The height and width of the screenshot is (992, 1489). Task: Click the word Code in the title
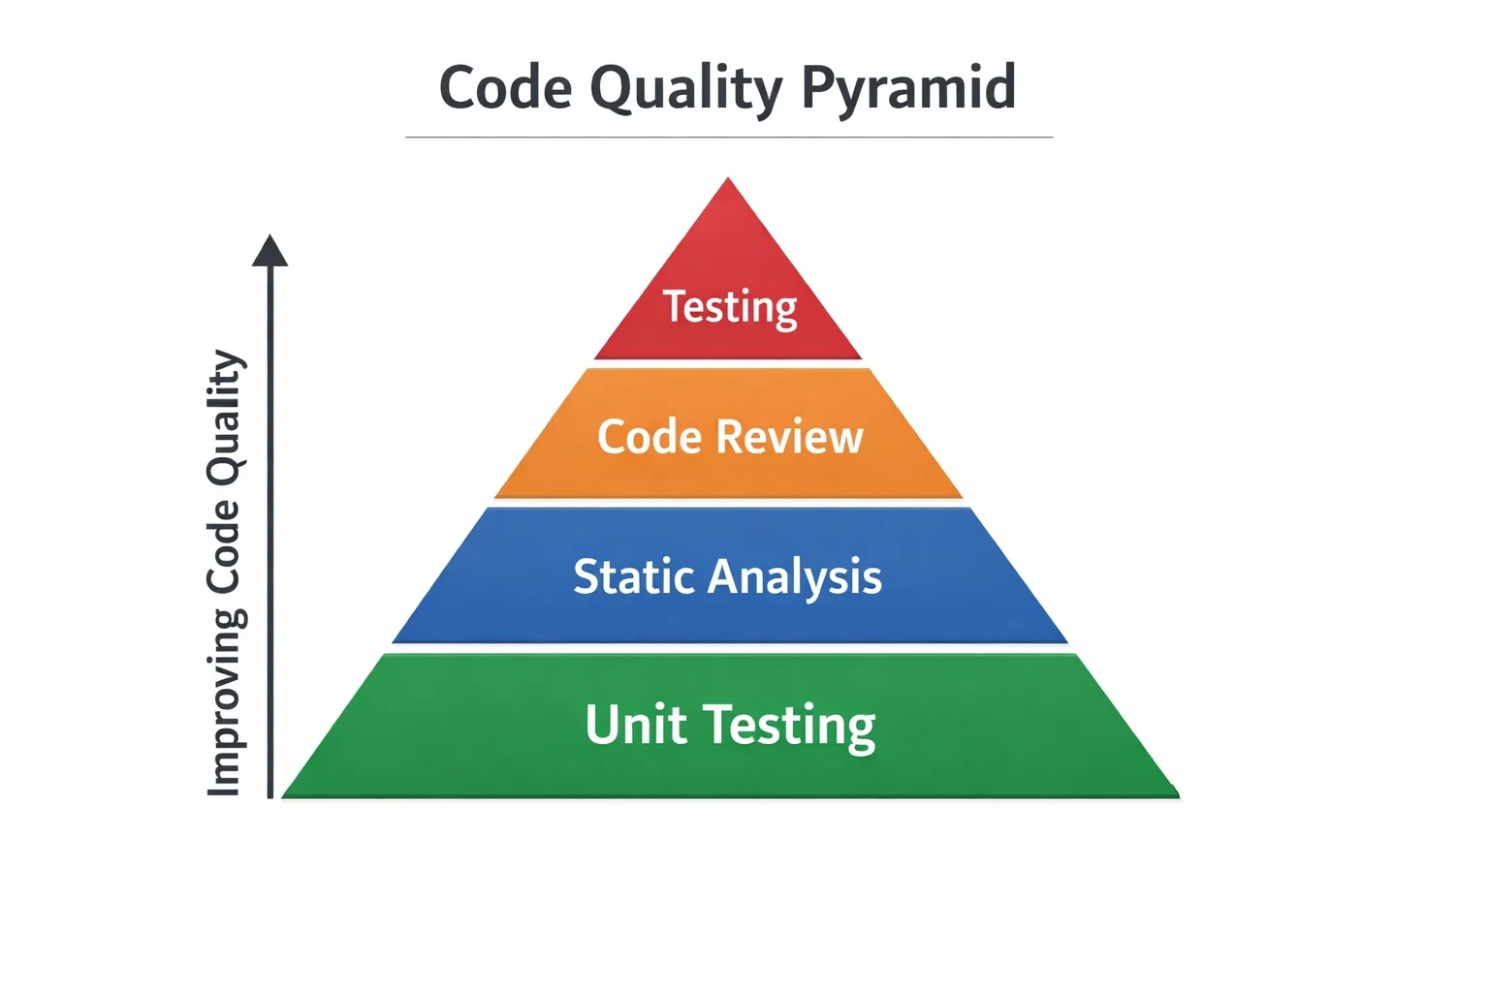(x=505, y=87)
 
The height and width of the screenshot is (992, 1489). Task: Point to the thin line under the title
(x=729, y=137)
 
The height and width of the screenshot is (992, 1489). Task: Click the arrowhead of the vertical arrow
(x=269, y=251)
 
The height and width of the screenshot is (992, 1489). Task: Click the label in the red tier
(x=730, y=308)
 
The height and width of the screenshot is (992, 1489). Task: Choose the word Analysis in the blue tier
(x=794, y=577)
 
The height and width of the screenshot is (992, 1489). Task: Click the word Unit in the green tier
(x=636, y=725)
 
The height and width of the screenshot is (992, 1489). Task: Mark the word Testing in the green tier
(x=789, y=728)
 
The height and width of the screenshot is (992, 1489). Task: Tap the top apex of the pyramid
(x=728, y=178)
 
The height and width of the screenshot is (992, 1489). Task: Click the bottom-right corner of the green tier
(x=1179, y=796)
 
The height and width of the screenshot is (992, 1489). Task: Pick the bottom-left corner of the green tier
(x=282, y=796)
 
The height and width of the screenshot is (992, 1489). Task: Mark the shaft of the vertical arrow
(x=269, y=532)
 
